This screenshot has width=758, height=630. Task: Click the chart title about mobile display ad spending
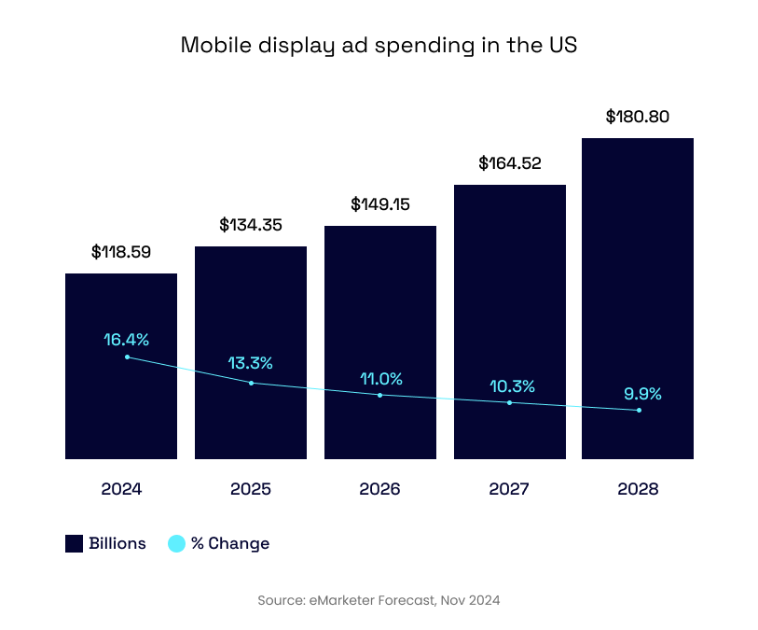click(379, 46)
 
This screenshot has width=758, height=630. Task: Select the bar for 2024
click(121, 411)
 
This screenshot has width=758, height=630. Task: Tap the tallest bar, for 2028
click(638, 280)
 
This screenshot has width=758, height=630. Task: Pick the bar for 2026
click(379, 308)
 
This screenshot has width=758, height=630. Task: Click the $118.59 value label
click(121, 252)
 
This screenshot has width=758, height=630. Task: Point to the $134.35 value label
click(251, 225)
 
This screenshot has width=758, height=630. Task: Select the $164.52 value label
click(510, 163)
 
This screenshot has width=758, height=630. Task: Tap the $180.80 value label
click(638, 117)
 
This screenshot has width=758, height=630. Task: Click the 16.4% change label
click(126, 340)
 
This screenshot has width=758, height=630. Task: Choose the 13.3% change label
click(251, 363)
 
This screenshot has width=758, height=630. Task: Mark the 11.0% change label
click(381, 379)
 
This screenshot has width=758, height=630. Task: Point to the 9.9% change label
click(642, 394)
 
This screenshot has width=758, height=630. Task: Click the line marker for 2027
click(510, 403)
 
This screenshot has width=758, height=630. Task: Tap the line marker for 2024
click(127, 357)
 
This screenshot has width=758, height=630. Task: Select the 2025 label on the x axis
click(251, 489)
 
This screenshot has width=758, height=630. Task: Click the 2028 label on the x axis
click(638, 489)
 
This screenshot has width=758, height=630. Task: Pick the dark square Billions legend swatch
click(75, 544)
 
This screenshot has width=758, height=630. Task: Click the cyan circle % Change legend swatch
click(176, 544)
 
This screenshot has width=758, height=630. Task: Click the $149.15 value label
click(380, 204)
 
